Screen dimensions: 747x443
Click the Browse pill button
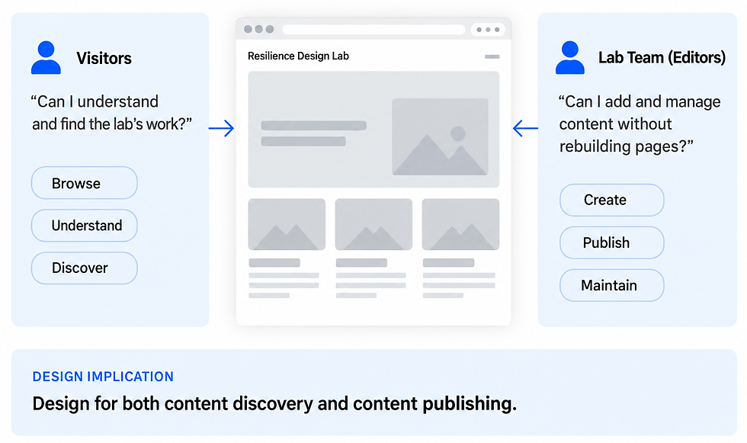(85, 183)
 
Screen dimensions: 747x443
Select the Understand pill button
(85, 225)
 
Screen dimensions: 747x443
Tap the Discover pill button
(85, 268)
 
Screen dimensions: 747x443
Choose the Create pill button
(611, 200)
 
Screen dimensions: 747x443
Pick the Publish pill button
(611, 243)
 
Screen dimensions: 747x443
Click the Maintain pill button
(611, 285)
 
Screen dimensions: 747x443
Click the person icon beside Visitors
(46, 58)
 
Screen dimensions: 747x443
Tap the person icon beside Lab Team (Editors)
(570, 58)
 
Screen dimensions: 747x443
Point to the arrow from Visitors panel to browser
(222, 128)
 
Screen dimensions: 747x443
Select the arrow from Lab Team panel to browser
(525, 128)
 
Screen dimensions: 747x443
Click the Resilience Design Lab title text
(298, 56)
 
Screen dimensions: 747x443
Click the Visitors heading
(104, 58)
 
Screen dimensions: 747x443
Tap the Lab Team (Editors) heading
(662, 58)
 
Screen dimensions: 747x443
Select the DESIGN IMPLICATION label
(103, 377)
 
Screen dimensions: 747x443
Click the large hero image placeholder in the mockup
(441, 136)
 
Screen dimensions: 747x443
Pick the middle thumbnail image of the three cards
(373, 224)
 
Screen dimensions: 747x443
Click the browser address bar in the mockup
(374, 30)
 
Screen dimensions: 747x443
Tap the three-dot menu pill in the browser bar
(488, 30)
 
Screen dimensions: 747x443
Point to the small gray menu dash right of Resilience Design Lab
(492, 56)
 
